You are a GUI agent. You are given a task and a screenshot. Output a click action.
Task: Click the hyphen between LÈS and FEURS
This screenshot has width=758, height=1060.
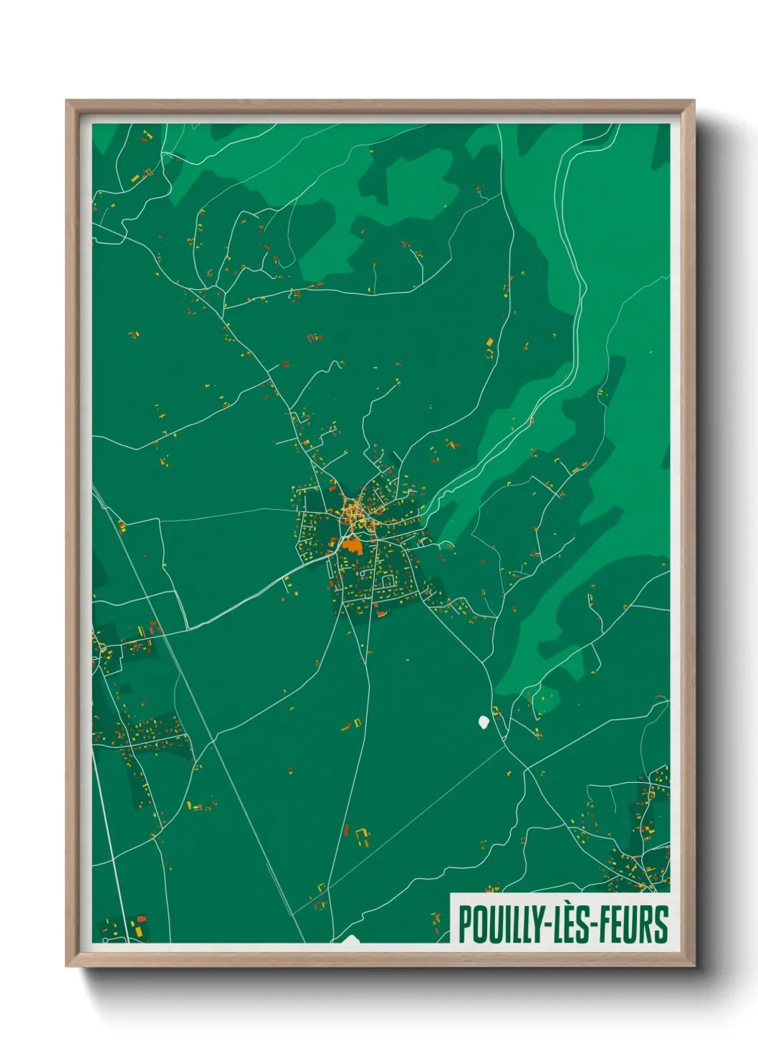pos(596,925)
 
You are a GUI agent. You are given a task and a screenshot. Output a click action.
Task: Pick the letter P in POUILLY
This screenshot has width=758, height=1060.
pos(464,925)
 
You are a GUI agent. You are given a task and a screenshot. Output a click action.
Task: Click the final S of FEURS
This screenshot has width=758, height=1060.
pos(661,925)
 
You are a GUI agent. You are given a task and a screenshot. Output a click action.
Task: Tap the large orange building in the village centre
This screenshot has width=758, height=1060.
pos(352,545)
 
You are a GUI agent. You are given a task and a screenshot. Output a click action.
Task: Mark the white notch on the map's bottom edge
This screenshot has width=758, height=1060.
pos(351,938)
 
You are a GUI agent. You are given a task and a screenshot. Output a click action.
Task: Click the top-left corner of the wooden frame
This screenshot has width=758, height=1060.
pos(67,102)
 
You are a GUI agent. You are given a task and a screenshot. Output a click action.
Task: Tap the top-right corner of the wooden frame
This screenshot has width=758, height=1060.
pos(693,102)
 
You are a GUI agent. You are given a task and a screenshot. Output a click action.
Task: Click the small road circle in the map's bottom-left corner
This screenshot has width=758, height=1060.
pos(105,939)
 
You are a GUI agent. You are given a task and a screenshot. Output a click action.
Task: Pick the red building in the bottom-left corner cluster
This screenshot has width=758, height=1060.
pos(141,919)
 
